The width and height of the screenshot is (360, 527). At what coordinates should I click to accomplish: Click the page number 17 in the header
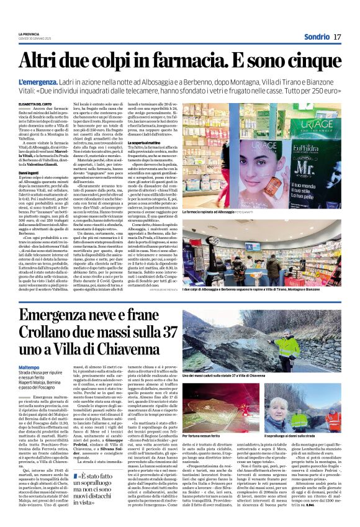337,37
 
